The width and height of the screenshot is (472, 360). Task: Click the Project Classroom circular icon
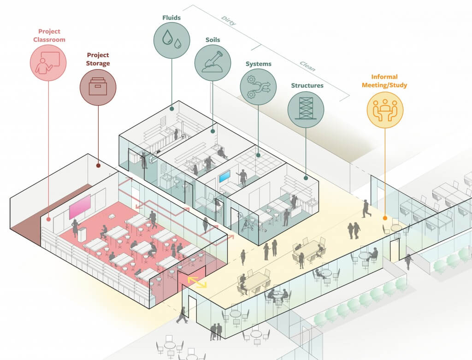[48, 62]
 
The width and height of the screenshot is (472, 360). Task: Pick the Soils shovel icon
[212, 63]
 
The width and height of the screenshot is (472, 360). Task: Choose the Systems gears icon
[258, 87]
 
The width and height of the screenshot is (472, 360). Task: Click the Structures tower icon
[306, 109]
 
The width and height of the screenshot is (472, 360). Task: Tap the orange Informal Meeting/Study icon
[385, 110]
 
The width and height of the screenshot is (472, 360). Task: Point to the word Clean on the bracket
[307, 66]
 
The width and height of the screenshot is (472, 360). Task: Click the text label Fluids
[171, 18]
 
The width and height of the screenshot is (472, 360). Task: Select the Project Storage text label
[98, 59]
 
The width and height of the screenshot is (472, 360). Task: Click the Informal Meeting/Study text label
[384, 81]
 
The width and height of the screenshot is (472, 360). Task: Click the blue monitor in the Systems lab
[225, 176]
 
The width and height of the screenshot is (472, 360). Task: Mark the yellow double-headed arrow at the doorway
[197, 282]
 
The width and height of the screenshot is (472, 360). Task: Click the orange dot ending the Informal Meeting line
[385, 218]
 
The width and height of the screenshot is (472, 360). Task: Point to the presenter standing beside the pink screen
[75, 228]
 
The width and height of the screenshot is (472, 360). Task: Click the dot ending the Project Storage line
[98, 165]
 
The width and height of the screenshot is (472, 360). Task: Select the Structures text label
[307, 85]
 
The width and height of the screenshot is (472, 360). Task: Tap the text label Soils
[213, 40]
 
